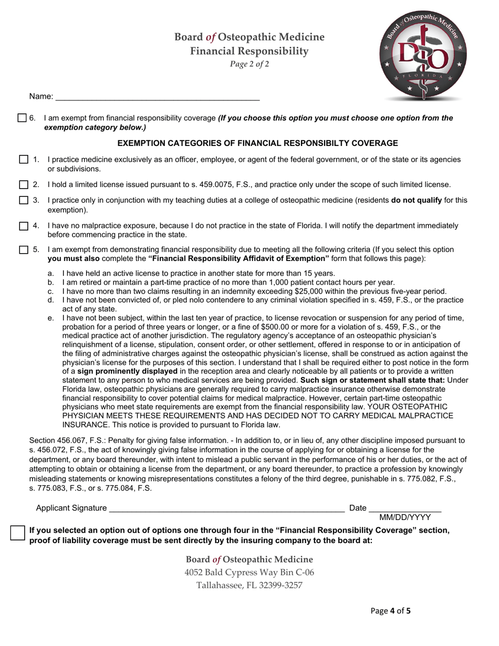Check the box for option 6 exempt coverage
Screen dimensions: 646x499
point(22,118)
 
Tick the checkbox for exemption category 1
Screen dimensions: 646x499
point(24,160)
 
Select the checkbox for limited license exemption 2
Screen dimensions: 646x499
point(24,185)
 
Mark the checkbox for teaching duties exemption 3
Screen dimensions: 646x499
point(24,200)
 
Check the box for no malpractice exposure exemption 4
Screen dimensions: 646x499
point(24,226)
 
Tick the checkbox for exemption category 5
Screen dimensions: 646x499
point(24,250)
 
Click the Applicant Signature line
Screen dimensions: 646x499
point(226,508)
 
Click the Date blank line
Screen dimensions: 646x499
point(405,508)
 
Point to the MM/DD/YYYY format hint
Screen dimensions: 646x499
point(405,517)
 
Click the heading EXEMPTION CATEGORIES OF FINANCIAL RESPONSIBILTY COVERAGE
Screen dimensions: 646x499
point(257,143)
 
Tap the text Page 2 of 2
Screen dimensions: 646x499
point(250,65)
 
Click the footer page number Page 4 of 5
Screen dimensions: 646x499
point(390,611)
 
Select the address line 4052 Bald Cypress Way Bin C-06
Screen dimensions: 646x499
point(250,572)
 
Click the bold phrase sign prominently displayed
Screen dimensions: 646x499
point(128,371)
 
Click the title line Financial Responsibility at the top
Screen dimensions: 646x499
point(250,51)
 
